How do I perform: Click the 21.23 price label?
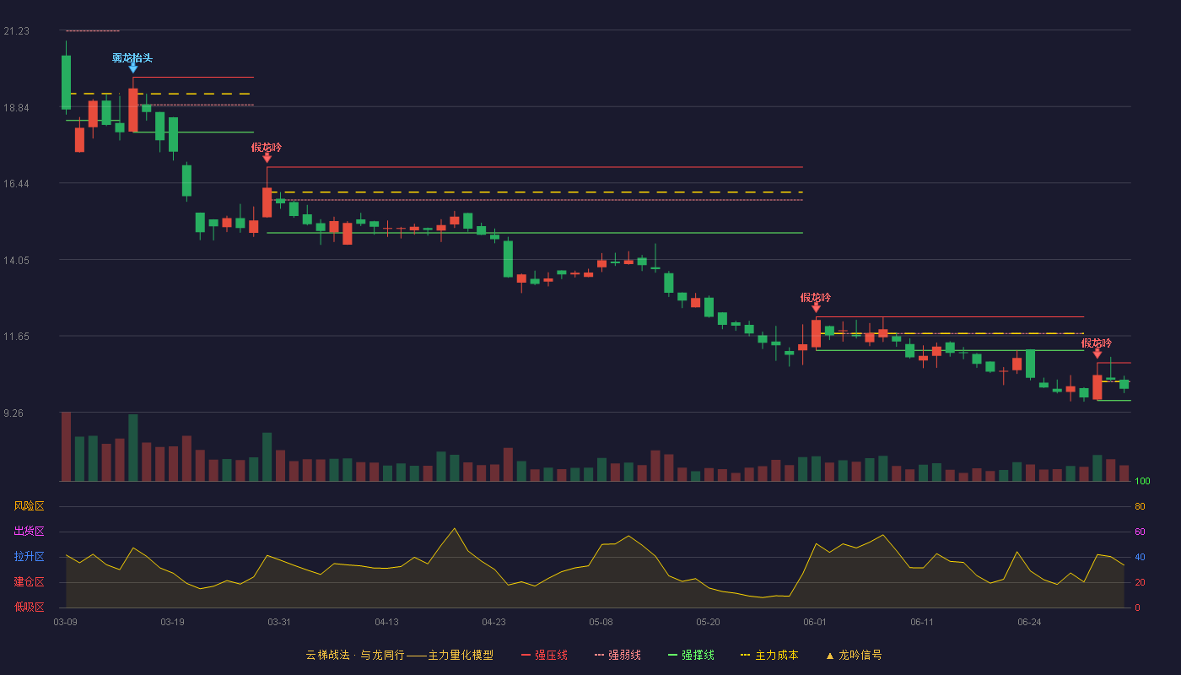[x=16, y=31]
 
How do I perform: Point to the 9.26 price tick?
[x=13, y=413]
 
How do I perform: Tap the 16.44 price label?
[x=16, y=184]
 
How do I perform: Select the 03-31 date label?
[x=279, y=622]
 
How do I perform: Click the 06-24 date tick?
[x=1029, y=622]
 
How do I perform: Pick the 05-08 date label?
[x=601, y=622]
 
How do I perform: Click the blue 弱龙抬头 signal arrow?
[x=133, y=69]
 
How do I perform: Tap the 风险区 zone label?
[x=29, y=505]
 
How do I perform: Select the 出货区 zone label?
[x=29, y=531]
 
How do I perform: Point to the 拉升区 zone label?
[x=29, y=556]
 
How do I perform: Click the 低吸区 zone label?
[x=29, y=607]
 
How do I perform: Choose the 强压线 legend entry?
[x=545, y=655]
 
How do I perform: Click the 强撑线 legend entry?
[x=691, y=655]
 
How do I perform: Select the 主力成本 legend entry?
[x=769, y=655]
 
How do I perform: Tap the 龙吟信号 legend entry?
[x=854, y=655]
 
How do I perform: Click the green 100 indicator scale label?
[x=1142, y=481]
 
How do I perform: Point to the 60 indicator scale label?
[x=1140, y=532]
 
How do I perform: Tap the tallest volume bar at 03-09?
[x=66, y=446]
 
